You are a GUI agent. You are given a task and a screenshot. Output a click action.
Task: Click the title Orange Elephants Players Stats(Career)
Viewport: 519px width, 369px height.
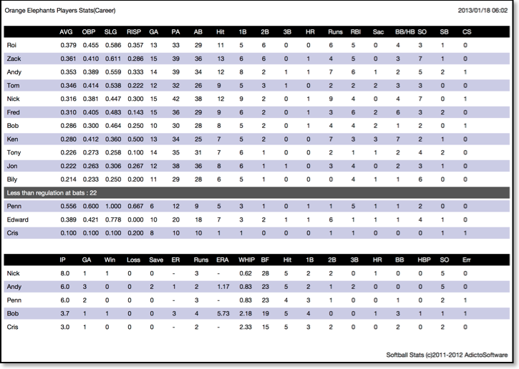coord(60,11)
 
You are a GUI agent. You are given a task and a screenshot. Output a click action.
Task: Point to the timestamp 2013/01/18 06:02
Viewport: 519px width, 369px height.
coord(482,11)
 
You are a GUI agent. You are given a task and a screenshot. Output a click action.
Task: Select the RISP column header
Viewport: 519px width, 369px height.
coord(134,32)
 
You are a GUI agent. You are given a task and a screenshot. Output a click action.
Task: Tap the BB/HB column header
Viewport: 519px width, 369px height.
coord(404,32)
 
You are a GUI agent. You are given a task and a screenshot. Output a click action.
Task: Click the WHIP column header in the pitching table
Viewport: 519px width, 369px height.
coord(246,260)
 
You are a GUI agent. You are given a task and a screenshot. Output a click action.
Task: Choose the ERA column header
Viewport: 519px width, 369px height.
coord(223,260)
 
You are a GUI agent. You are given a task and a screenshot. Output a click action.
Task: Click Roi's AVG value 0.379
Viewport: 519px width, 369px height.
coord(68,45)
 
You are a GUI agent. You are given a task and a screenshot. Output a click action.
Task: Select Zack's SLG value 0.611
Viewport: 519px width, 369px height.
coord(113,59)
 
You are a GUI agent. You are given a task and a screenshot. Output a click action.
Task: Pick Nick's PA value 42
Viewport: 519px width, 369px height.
coord(176,99)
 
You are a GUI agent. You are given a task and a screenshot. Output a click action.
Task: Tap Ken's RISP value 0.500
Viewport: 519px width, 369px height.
coord(135,139)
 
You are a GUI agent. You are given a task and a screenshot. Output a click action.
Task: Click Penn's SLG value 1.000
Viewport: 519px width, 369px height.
coord(113,207)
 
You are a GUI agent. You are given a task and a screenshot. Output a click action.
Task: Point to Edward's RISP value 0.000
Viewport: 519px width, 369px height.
coord(135,220)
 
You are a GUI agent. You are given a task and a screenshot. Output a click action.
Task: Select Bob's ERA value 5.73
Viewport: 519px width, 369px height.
coord(223,314)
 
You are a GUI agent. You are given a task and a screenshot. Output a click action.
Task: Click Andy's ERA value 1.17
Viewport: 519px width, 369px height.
coord(223,287)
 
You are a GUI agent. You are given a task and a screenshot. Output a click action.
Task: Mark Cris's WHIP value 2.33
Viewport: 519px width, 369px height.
coord(246,328)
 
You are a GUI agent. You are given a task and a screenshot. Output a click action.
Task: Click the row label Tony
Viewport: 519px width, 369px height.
coord(14,153)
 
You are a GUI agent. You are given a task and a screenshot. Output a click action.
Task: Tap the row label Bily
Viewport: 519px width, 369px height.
coord(12,179)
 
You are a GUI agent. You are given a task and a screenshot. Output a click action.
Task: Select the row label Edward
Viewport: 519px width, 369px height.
coord(18,220)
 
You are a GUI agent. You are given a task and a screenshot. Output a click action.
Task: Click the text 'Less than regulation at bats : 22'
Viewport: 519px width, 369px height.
coord(52,193)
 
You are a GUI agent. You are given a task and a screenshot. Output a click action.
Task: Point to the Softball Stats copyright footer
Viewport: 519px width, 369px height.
coord(447,355)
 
